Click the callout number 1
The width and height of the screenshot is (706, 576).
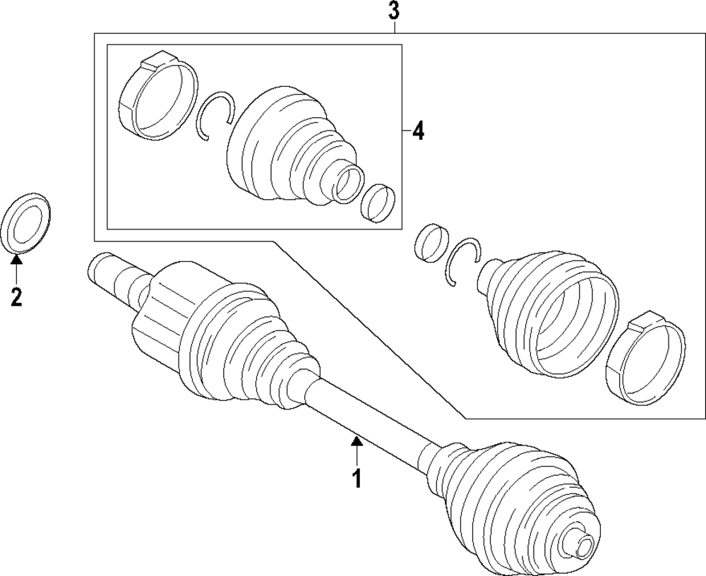(x=357, y=478)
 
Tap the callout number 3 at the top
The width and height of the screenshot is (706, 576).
(x=393, y=11)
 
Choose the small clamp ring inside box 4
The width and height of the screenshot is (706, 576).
(x=377, y=203)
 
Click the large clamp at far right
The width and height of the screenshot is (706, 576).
(x=647, y=360)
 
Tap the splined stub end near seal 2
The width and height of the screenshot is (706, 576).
(x=113, y=277)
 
